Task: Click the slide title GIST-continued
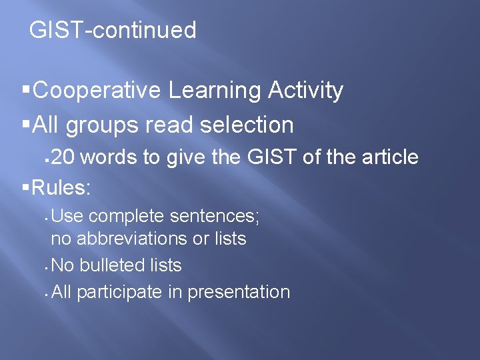coord(113,30)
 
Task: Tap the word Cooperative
coord(96,90)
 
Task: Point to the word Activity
coord(305,90)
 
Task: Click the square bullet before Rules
coord(26,188)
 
